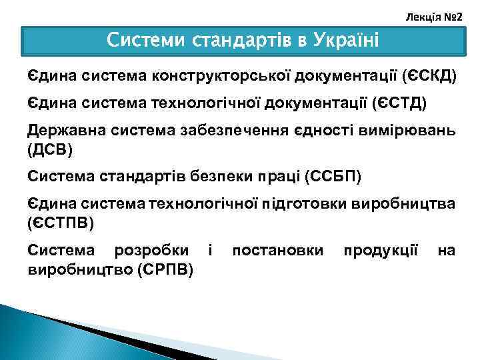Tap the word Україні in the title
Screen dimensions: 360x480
347,41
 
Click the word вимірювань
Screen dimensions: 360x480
413,130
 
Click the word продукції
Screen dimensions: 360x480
381,251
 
